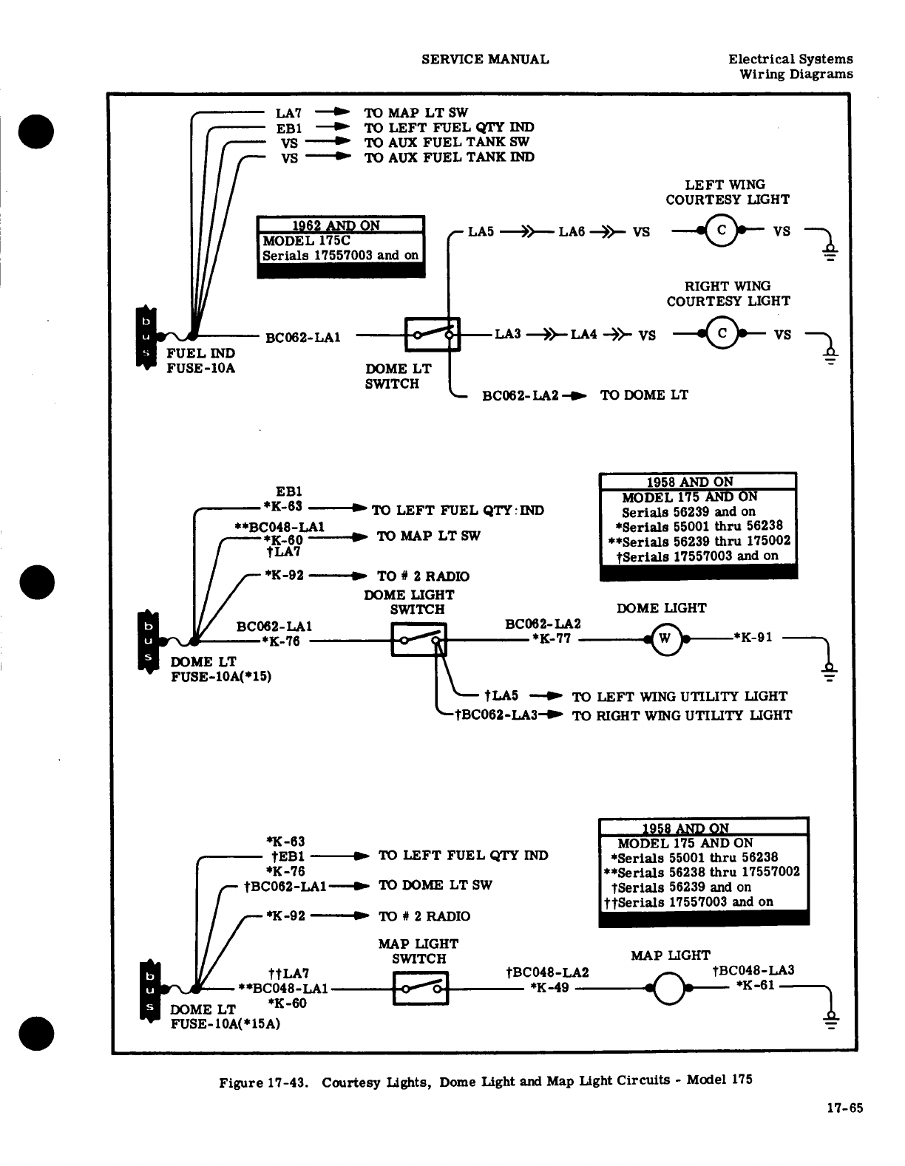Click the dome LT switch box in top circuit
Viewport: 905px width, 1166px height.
click(x=433, y=335)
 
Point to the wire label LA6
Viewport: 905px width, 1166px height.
click(x=572, y=232)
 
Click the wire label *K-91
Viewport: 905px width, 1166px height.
click(x=753, y=637)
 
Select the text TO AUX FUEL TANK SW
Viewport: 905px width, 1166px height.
click(x=447, y=142)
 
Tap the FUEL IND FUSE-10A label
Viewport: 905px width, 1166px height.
click(x=200, y=361)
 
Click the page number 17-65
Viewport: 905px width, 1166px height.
click(x=844, y=1108)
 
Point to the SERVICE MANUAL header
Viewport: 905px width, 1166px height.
click(x=485, y=59)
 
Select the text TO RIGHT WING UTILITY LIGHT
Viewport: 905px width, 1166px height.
click(x=681, y=715)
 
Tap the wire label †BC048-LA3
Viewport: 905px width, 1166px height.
click(x=753, y=971)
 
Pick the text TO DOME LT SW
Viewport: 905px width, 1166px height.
click(x=435, y=885)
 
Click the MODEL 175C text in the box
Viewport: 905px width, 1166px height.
click(x=306, y=240)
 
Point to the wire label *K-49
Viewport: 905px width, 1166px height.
click(x=549, y=987)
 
